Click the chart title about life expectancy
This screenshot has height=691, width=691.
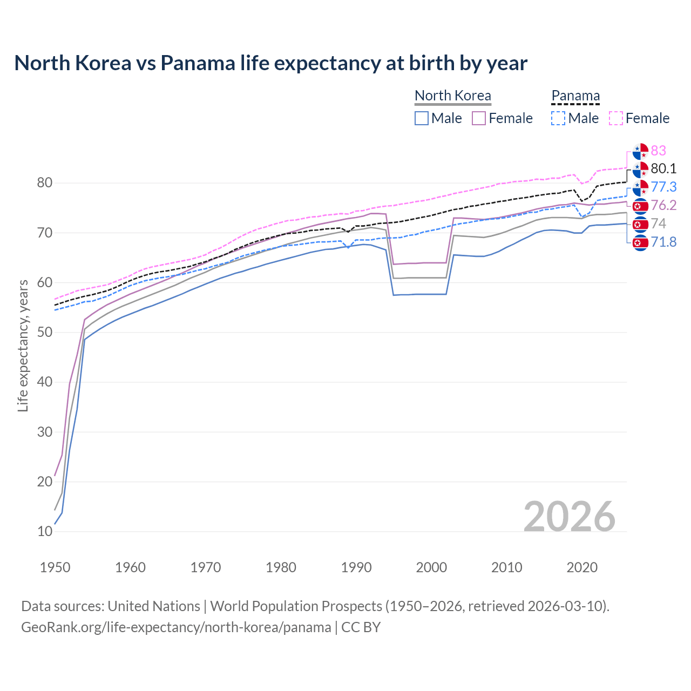point(270,63)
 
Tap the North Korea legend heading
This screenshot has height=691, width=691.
point(452,96)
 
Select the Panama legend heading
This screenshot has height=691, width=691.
point(575,96)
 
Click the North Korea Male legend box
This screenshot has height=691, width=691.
point(422,118)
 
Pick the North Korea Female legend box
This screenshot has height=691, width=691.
point(479,118)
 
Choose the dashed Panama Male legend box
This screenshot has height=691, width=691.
point(558,118)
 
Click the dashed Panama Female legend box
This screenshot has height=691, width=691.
point(616,118)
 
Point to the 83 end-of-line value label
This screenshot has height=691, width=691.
point(658,151)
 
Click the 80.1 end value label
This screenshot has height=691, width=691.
point(663,169)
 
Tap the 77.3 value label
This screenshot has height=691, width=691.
point(663,187)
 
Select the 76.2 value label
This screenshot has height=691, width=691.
point(663,205)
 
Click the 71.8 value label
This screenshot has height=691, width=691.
point(663,242)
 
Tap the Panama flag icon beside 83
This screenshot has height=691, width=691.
point(640,151)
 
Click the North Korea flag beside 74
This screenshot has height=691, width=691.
point(640,224)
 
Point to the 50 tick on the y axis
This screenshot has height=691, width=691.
point(45,333)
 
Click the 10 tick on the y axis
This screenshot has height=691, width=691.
point(45,532)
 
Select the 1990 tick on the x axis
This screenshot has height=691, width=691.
point(356,567)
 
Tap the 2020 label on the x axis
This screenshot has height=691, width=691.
point(582,567)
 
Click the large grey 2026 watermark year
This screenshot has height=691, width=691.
point(569,517)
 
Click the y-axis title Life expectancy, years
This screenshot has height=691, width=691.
point(23,345)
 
